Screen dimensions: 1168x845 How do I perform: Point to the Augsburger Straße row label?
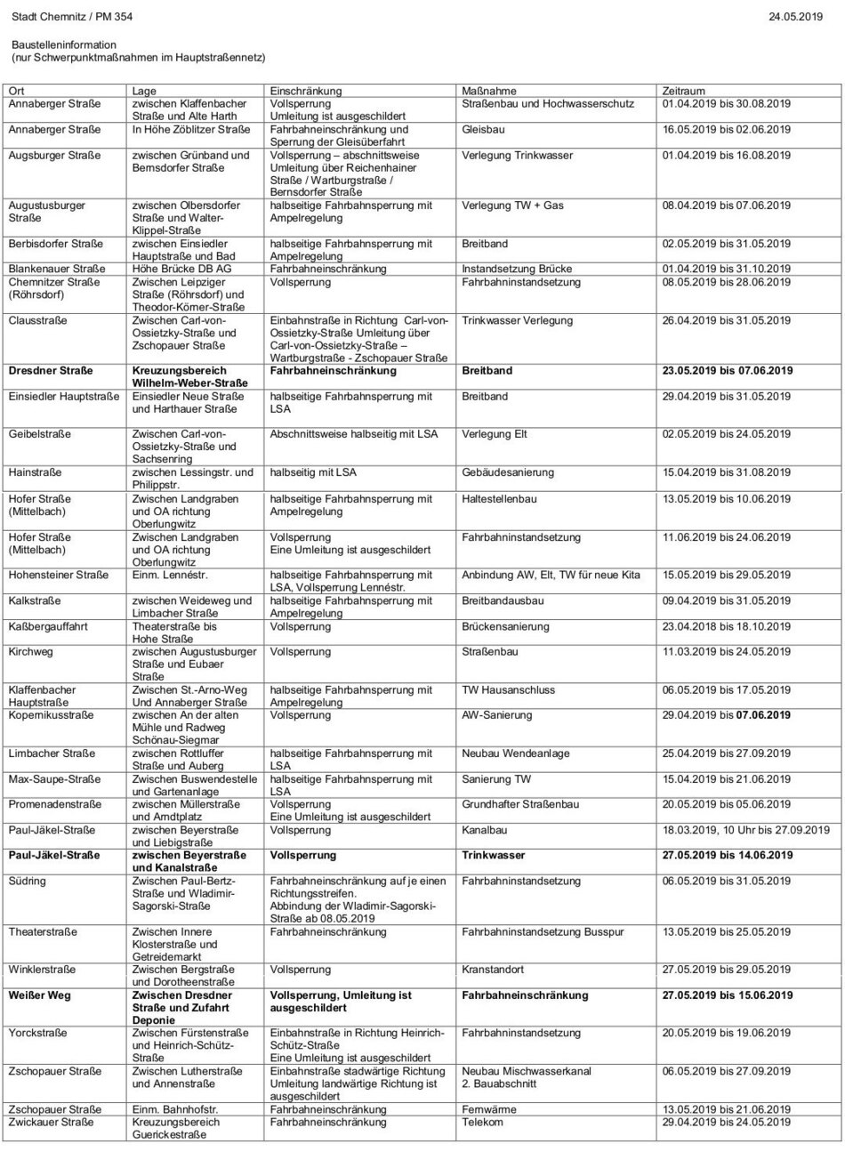[50, 155]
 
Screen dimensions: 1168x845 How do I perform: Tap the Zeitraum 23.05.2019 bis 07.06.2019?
[727, 370]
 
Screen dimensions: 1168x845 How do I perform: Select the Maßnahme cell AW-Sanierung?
[497, 714]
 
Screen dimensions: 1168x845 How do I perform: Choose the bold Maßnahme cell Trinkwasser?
[494, 855]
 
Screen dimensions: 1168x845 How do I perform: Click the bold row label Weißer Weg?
[40, 995]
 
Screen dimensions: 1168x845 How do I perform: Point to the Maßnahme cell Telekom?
[483, 1122]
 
